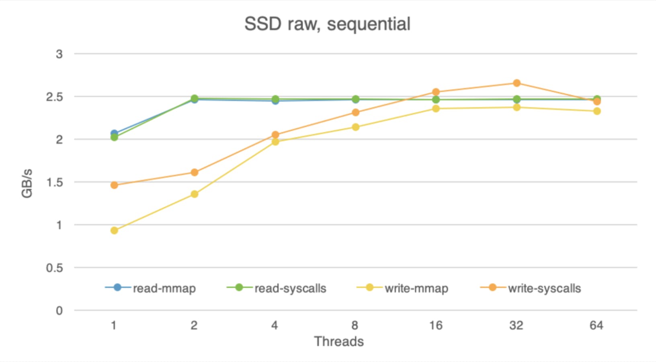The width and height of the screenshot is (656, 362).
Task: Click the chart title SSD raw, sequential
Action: [x=327, y=24]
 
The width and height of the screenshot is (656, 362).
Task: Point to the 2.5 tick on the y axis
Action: [x=55, y=97]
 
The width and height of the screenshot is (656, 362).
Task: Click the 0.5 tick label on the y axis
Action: [x=55, y=268]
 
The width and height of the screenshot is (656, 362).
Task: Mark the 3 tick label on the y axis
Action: [x=59, y=54]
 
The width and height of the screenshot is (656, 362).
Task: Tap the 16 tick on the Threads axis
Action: [x=436, y=325]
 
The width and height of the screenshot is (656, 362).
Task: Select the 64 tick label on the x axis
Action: [x=597, y=325]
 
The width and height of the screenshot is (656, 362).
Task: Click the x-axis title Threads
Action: [x=339, y=341]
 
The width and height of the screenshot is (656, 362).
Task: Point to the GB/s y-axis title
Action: [x=27, y=183]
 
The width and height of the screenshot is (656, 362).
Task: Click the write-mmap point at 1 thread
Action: [x=114, y=230]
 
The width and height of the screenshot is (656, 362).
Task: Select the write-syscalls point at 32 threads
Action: [x=517, y=83]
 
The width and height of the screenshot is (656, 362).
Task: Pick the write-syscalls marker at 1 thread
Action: [x=114, y=185]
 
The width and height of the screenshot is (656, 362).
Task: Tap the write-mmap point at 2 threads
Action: [x=195, y=194]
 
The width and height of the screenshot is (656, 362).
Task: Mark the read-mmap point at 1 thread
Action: [x=114, y=133]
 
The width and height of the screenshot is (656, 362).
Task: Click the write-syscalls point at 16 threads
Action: [x=436, y=92]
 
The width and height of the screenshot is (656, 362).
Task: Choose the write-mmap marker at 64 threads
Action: [x=597, y=111]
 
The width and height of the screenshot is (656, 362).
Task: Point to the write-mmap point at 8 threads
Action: [x=355, y=127]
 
